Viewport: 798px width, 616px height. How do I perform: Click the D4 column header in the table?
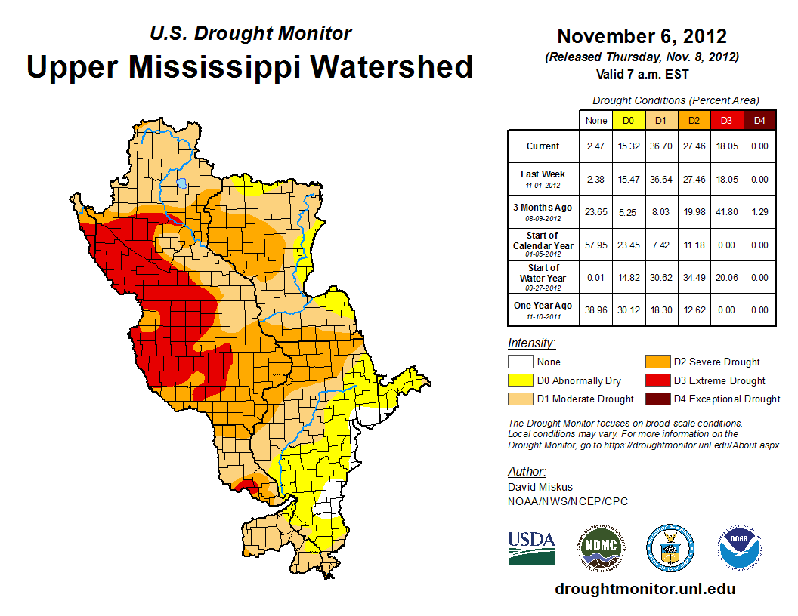pos(760,120)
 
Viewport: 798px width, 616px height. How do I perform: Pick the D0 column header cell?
pos(628,120)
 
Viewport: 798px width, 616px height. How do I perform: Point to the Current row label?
pos(543,146)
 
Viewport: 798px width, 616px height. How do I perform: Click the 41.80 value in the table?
pos(727,212)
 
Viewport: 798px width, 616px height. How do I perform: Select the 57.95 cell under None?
pos(596,245)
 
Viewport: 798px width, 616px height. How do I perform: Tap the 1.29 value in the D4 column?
pos(760,212)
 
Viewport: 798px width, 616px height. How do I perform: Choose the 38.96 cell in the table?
pos(596,310)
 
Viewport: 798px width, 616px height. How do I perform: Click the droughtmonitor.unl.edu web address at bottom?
pos(645,589)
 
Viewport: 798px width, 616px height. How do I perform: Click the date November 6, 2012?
pos(642,36)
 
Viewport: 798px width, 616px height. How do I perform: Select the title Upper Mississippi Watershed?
pos(249,66)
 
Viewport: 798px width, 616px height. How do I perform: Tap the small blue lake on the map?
pos(181,183)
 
